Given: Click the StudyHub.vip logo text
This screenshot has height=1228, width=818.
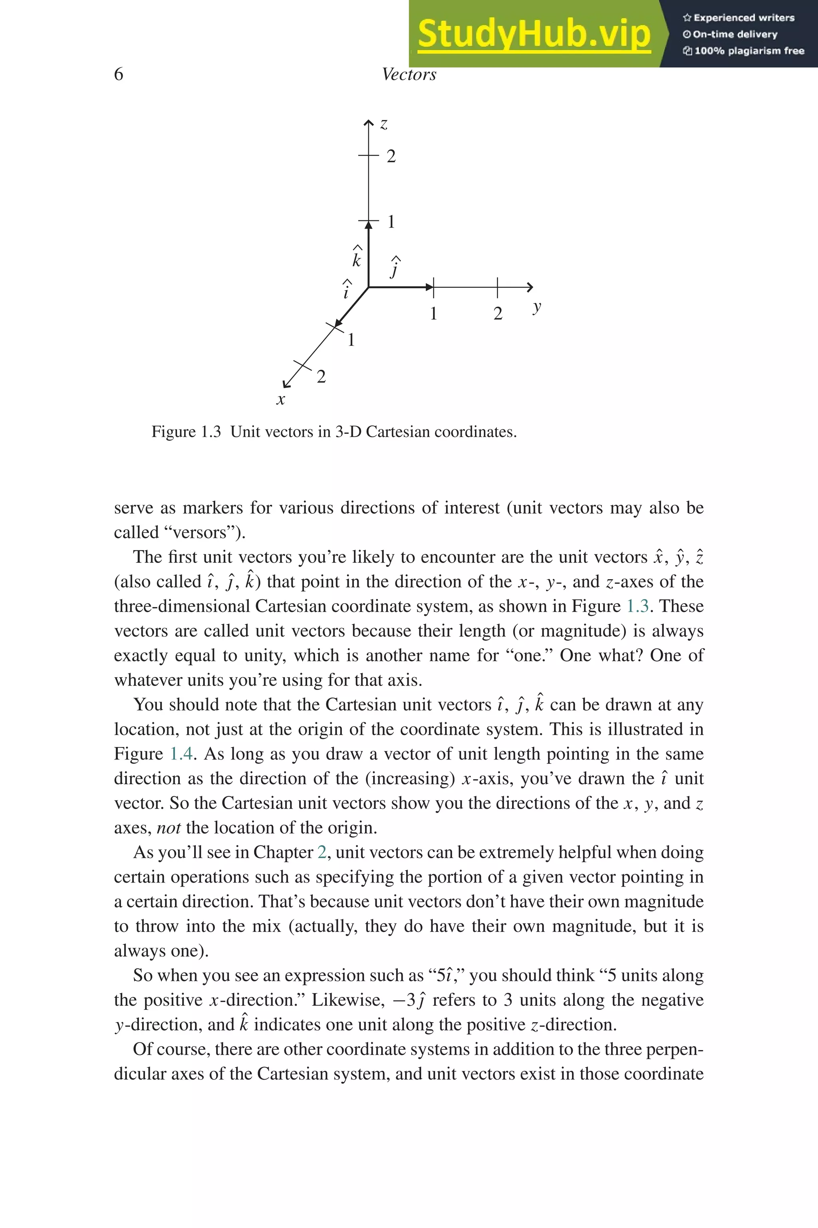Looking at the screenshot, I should coord(534,34).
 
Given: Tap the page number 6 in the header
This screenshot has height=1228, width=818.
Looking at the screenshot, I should coord(118,74).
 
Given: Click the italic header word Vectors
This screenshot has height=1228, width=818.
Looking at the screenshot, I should coord(409,74).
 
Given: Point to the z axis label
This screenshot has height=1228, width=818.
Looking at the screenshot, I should coord(383,124).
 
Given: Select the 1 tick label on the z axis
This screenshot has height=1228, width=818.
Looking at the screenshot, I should coord(391,222).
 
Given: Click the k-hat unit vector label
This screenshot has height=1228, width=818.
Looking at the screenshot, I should coord(357,257).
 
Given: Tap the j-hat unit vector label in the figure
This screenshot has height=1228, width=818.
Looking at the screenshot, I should coord(395,267).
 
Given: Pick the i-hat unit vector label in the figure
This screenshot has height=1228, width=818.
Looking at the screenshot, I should coord(346,290).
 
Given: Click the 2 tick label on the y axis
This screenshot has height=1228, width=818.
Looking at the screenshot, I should coord(498,314).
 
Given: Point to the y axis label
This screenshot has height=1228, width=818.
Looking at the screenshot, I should coord(537,307).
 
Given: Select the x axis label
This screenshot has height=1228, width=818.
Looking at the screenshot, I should coord(281,400).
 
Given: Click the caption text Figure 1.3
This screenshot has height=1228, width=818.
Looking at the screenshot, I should coord(186,432).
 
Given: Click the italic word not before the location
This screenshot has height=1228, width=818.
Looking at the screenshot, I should coord(169,827).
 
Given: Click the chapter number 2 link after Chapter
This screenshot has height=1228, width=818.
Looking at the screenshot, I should coord(322,852).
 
